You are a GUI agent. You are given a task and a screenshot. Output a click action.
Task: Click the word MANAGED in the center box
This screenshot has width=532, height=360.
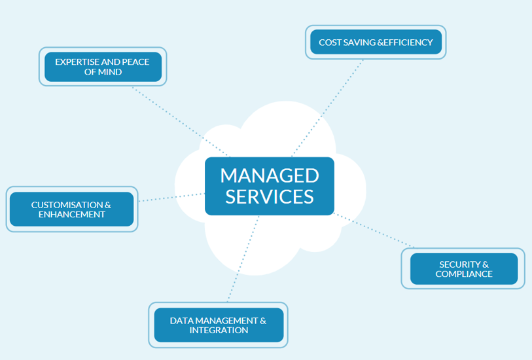point(269,175)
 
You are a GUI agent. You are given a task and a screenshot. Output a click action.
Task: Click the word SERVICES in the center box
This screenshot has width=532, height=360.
point(269,196)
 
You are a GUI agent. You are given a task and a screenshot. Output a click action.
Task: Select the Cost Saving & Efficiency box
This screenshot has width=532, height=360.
point(376,43)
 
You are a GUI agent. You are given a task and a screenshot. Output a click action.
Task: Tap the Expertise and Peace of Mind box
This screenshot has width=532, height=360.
point(103,67)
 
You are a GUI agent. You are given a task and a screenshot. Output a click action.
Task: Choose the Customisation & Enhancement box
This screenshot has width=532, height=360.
point(71,209)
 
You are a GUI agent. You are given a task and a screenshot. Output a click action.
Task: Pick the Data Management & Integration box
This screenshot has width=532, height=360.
point(219,325)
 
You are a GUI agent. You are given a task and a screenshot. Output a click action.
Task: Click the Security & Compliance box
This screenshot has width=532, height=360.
point(464,269)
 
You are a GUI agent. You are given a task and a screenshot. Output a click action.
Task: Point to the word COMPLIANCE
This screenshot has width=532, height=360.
point(464,274)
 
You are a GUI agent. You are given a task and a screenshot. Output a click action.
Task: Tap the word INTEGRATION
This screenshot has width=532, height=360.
point(219,331)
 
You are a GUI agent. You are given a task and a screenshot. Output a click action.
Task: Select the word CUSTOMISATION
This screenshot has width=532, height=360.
point(66,205)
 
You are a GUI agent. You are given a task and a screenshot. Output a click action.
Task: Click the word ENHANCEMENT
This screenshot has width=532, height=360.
point(71,215)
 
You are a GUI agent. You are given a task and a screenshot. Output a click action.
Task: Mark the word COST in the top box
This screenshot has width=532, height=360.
point(329,43)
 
